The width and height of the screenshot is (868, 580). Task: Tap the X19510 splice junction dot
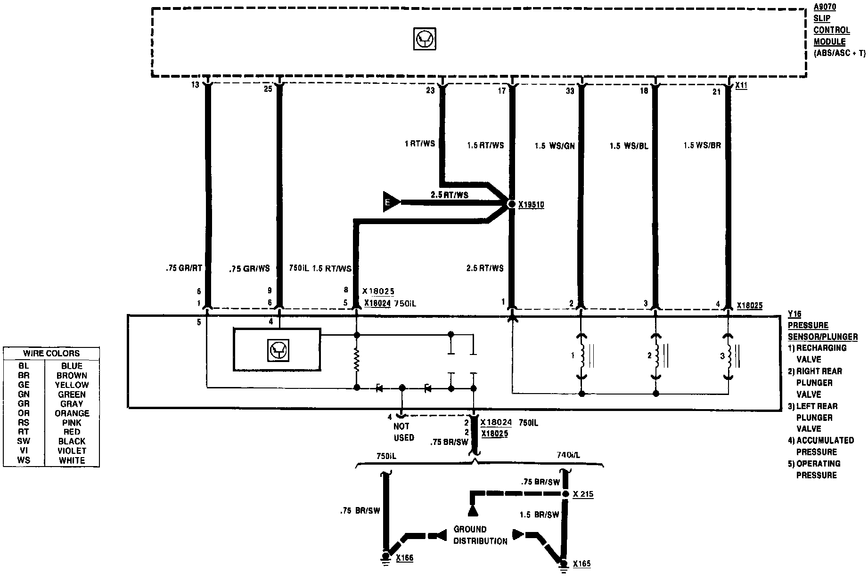pyautogui.click(x=512, y=204)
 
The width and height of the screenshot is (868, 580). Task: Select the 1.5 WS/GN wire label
pyautogui.click(x=555, y=146)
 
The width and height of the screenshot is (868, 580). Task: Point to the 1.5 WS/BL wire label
pyautogui.click(x=629, y=146)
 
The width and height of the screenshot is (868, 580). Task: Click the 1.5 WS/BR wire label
pyautogui.click(x=702, y=145)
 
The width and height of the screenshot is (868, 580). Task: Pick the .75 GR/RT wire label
pyautogui.click(x=184, y=268)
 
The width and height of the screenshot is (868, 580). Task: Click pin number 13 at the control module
pyautogui.click(x=195, y=85)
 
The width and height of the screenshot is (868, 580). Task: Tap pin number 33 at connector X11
pyautogui.click(x=570, y=91)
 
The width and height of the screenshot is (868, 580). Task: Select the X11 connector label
pyautogui.click(x=741, y=86)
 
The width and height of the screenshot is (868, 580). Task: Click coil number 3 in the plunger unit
pyautogui.click(x=729, y=356)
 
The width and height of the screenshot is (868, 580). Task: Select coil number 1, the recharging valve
pyautogui.click(x=581, y=356)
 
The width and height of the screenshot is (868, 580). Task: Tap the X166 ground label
pyautogui.click(x=405, y=558)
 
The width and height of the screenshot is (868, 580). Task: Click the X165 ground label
pyautogui.click(x=581, y=564)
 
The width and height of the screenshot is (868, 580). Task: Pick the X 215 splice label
pyautogui.click(x=583, y=494)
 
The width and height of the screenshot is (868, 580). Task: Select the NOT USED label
pyautogui.click(x=404, y=432)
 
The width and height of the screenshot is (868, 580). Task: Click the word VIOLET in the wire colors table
pyautogui.click(x=72, y=451)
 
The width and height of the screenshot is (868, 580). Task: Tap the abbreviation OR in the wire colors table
pyautogui.click(x=24, y=413)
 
